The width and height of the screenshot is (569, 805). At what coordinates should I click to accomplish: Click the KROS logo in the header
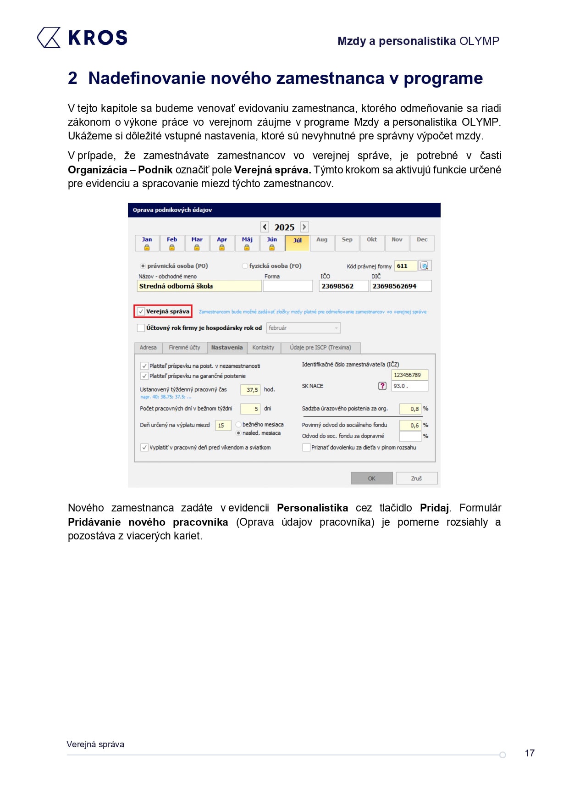pos(83,38)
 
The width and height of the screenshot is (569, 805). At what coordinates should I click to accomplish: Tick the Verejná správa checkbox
pos(141,311)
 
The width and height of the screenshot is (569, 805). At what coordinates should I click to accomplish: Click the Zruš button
pos(416,478)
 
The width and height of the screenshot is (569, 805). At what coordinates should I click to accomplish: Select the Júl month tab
pos(297,243)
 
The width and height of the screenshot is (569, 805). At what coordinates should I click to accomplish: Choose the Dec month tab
pos(422,243)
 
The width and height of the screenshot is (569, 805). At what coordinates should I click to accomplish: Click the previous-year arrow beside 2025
pos(265,227)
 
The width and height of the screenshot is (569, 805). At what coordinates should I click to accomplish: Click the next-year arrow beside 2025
pos(304,227)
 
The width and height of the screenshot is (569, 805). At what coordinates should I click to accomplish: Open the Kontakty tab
pos(263,348)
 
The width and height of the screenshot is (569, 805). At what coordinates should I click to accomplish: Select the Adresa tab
pos(148,348)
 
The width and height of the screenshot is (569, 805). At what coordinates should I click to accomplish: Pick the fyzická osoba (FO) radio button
pos(245,266)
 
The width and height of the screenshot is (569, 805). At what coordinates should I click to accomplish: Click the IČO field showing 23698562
pos(343,286)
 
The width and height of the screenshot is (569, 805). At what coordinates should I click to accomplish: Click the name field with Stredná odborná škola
pos(199,286)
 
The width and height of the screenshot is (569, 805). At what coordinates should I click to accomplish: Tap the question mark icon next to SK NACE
pos(382,386)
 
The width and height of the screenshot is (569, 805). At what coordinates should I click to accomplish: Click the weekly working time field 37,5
pos(250,390)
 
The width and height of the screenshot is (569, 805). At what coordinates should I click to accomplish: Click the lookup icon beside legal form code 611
pos(425,266)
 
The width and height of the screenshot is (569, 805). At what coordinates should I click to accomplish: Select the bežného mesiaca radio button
pos(238,425)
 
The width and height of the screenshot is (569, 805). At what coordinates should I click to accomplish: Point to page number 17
pos(530,753)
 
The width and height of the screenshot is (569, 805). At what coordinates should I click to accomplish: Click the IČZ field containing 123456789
pos(409,375)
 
